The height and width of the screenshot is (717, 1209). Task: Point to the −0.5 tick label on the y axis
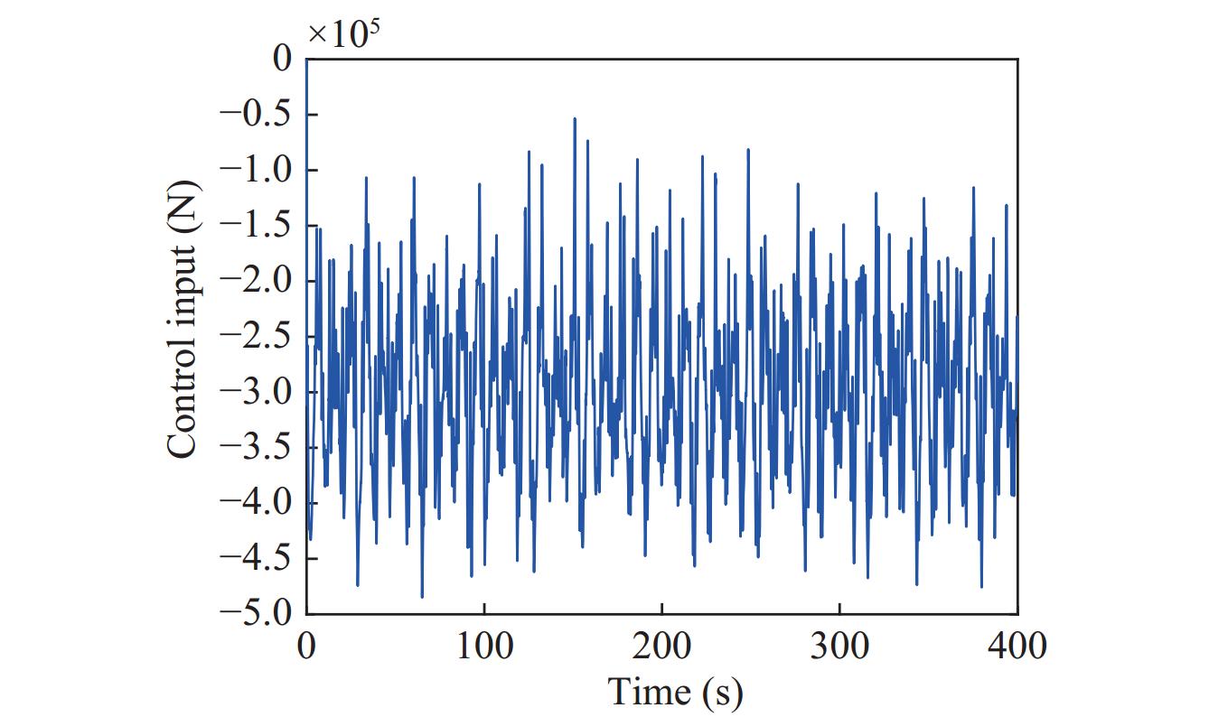pos(257,115)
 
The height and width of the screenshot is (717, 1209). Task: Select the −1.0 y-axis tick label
pos(257,170)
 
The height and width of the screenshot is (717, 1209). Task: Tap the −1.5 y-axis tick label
pos(257,226)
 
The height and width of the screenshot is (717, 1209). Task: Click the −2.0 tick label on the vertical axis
pos(257,281)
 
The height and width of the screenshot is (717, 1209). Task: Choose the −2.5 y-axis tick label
pos(257,336)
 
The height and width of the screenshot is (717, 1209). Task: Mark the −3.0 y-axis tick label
pos(257,392)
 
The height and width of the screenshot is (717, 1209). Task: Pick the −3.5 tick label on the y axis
pos(257,447)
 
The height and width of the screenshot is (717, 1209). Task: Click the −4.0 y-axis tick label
pos(257,502)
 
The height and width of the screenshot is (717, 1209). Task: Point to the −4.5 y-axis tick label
pos(257,558)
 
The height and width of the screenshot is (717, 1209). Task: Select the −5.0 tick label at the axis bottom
pos(257,613)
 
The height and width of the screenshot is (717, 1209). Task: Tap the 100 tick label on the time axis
pos(484,647)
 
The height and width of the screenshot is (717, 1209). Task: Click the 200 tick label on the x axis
pos(662,647)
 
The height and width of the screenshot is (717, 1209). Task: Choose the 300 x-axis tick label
pos(840,647)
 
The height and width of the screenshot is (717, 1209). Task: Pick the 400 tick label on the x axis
pos(1018,647)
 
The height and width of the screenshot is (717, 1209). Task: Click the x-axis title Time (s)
pos(675,692)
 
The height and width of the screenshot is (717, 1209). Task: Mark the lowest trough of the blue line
pos(422,597)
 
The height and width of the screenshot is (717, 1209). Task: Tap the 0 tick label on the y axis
pos(284,60)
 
